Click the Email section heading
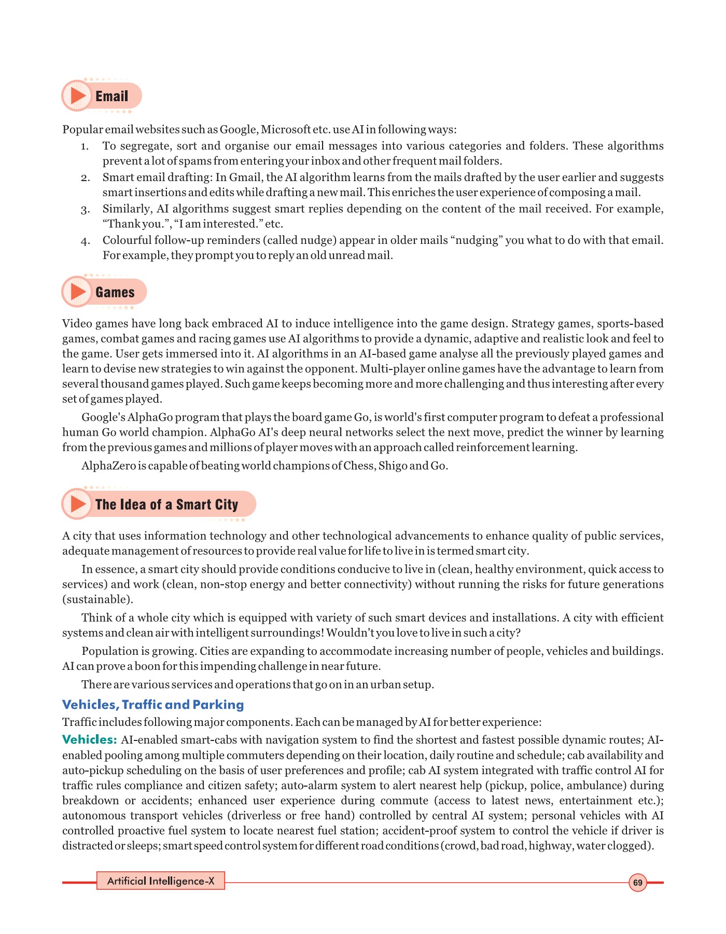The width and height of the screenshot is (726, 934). pos(111,96)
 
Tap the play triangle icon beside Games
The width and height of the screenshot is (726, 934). pos(78,292)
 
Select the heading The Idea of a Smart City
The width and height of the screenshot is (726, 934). pos(166,504)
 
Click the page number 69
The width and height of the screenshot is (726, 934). pos(637,882)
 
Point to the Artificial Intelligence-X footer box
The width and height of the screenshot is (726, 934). pos(160,881)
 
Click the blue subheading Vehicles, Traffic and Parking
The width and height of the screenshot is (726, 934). pos(153,704)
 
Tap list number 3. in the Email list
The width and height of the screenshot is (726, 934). pos(86,210)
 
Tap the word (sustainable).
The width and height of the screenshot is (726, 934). pos(97,599)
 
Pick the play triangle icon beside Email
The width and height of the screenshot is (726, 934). pos(78,95)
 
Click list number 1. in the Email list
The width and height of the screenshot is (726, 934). pos(86,146)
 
